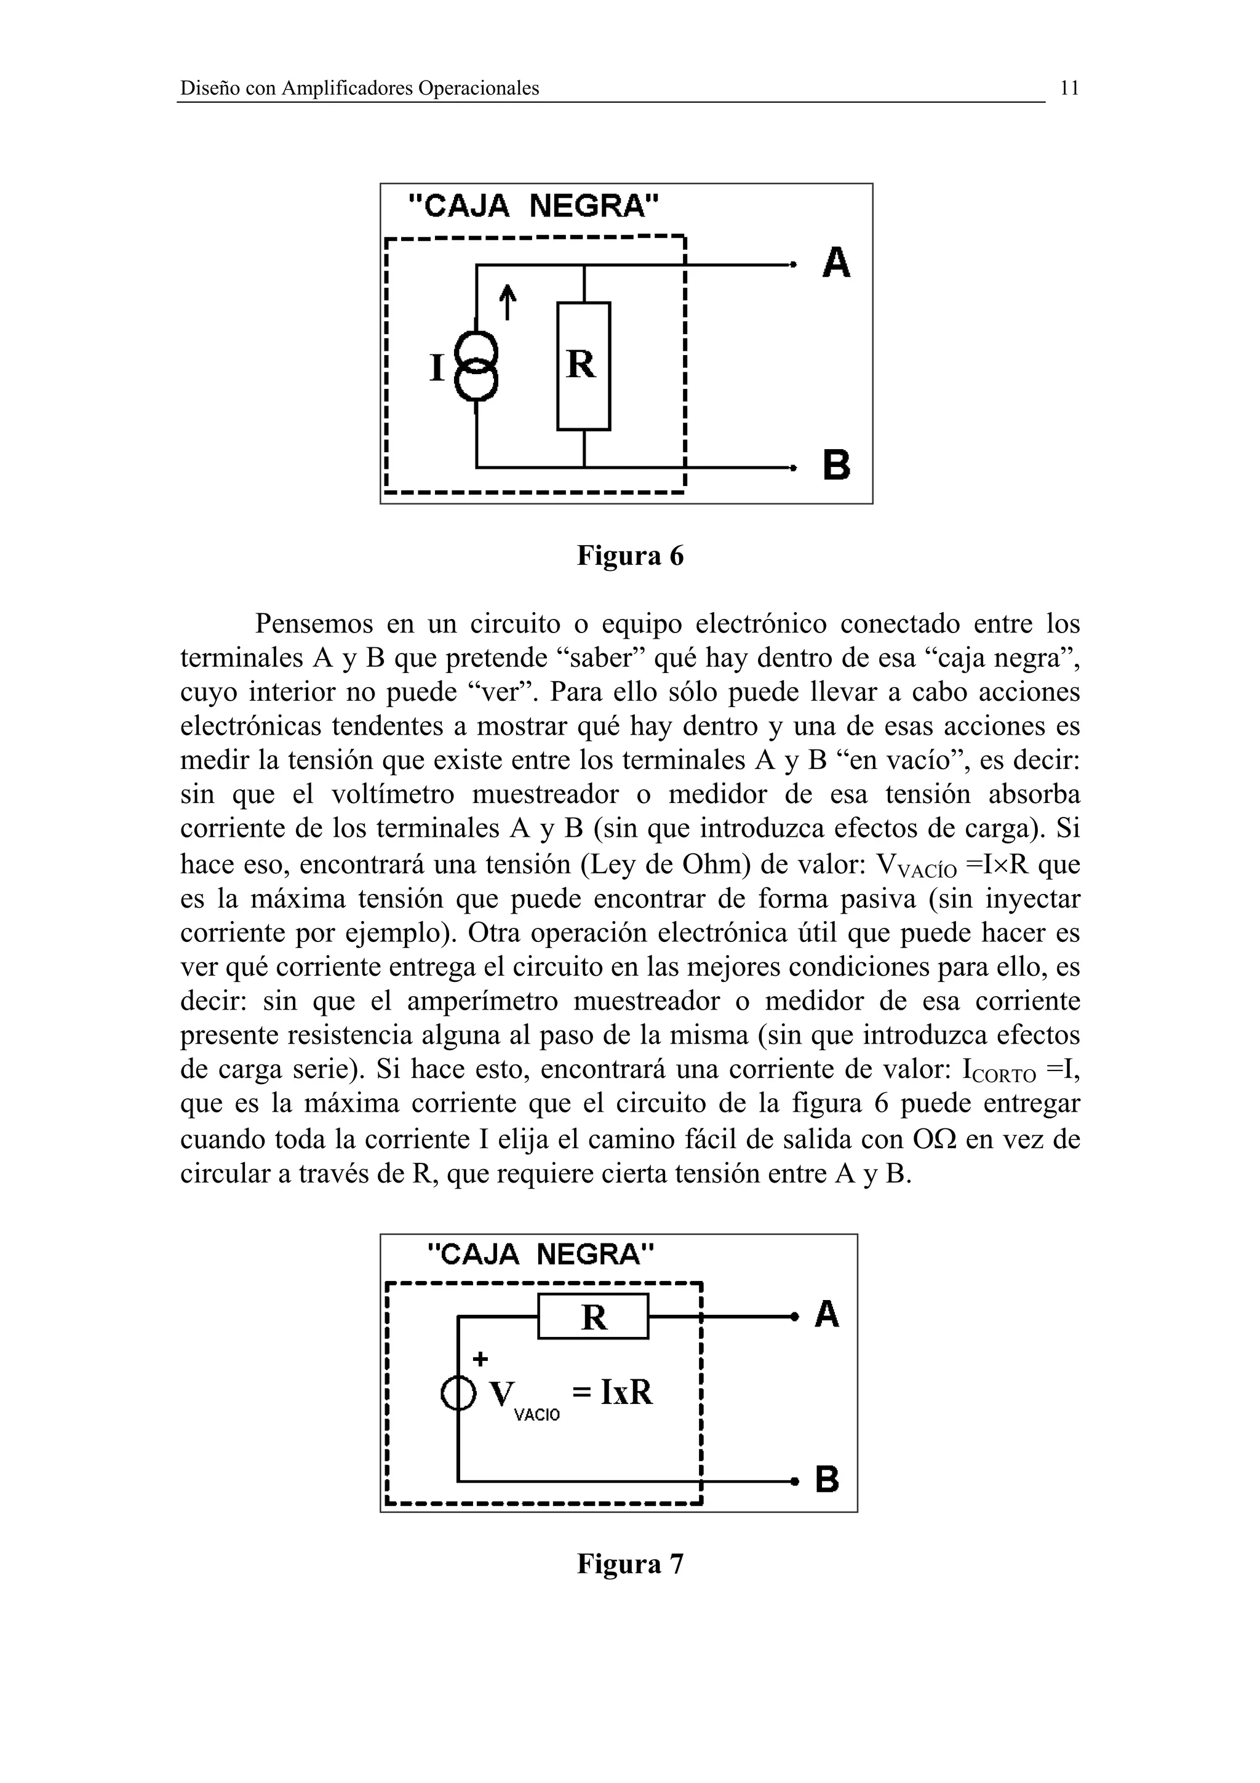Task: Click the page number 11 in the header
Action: pyautogui.click(x=1069, y=89)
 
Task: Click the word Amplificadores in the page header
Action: pyautogui.click(x=347, y=89)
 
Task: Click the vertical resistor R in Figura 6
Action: pyautogui.click(x=583, y=365)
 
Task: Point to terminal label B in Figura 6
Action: pyautogui.click(x=836, y=465)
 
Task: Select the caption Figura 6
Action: pyautogui.click(x=629, y=556)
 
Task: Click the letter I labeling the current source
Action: pyautogui.click(x=437, y=368)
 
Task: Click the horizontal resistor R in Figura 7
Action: pyautogui.click(x=593, y=1317)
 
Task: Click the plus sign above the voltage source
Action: pyautogui.click(x=480, y=1359)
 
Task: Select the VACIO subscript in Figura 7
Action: pyautogui.click(x=536, y=1415)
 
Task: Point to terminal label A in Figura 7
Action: pyautogui.click(x=827, y=1315)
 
